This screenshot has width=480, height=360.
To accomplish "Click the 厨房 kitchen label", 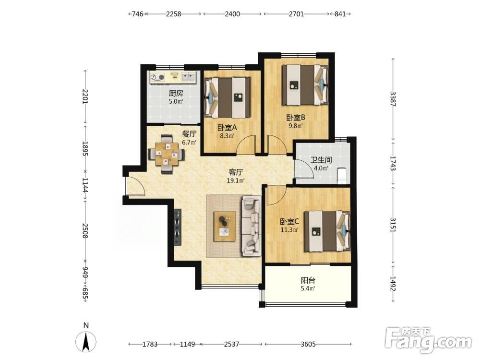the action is (176, 93).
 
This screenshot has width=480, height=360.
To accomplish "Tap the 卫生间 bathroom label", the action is (321, 160).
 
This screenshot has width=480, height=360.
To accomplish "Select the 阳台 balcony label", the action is (308, 280).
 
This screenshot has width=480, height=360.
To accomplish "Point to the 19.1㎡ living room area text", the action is (235, 180).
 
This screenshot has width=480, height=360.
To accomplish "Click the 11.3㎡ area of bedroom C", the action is (289, 229).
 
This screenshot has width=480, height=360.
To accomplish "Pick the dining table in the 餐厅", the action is (166, 154).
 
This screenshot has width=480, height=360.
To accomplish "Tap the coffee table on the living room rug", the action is (225, 226).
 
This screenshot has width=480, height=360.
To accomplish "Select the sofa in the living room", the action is (252, 226).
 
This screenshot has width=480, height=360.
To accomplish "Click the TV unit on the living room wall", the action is (177, 227).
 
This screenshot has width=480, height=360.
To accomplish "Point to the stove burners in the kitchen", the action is (158, 77).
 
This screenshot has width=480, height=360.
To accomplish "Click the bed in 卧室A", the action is (228, 97).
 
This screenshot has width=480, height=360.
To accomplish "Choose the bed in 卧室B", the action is (305, 85).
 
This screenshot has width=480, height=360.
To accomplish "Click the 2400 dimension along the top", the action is (232, 14).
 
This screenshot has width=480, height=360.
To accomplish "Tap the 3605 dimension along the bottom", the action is (308, 344).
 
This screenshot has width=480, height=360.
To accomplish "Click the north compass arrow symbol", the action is (86, 341).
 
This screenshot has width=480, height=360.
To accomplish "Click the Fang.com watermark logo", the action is (429, 339).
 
